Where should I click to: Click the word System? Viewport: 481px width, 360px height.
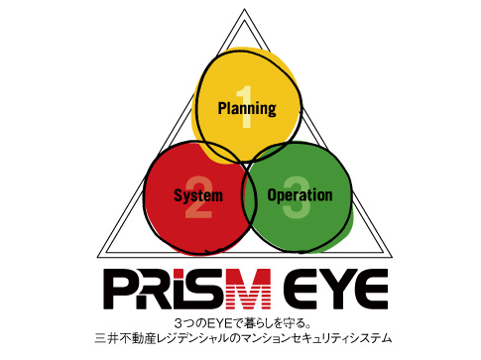(x=197, y=195)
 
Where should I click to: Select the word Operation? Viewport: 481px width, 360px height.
(x=300, y=194)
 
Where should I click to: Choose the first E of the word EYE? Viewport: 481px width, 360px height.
(x=288, y=291)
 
